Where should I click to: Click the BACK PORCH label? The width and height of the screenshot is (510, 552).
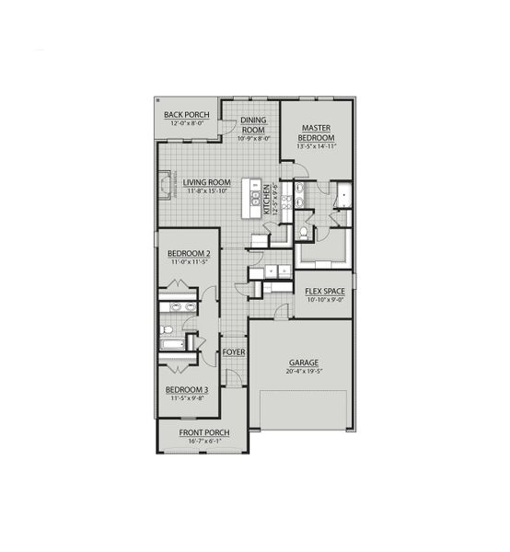click(x=187, y=115)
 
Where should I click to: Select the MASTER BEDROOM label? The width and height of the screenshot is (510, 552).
click(x=316, y=132)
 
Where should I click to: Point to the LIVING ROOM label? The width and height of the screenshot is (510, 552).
click(x=205, y=182)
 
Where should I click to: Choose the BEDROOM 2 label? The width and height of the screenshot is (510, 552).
click(x=187, y=253)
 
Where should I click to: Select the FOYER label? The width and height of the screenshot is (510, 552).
click(x=233, y=352)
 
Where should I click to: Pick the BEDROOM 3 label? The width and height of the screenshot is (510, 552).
click(x=187, y=390)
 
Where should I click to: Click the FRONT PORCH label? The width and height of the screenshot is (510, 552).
click(x=203, y=432)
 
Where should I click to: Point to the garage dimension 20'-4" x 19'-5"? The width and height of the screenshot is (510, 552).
click(x=303, y=372)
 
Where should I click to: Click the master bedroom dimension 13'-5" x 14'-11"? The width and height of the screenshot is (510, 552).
click(x=316, y=145)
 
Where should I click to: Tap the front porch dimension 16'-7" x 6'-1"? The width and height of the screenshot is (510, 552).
click(x=203, y=443)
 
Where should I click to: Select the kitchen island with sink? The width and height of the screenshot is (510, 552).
click(x=249, y=199)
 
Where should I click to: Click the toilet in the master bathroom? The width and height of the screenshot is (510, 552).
click(x=303, y=234)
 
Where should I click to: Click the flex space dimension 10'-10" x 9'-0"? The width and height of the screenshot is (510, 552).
click(x=325, y=300)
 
